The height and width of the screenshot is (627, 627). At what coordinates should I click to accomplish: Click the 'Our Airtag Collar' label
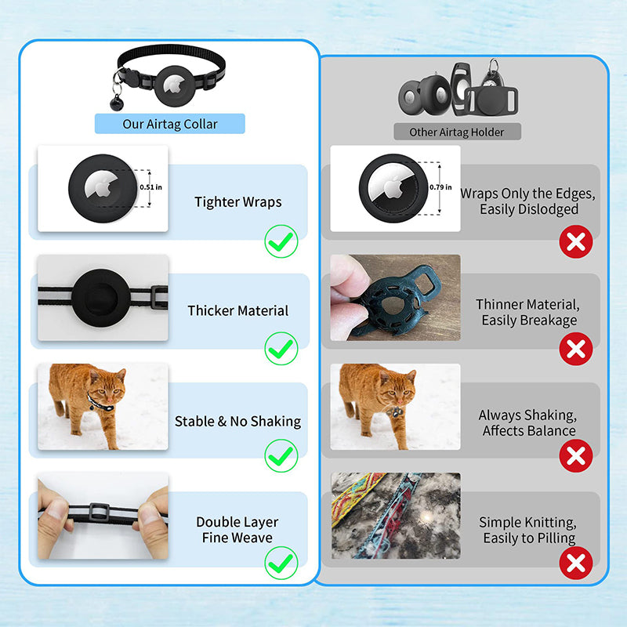coord(170,124)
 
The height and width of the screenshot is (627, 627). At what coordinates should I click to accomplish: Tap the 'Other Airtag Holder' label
coord(457,132)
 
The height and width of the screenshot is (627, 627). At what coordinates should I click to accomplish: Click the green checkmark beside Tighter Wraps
coord(281,241)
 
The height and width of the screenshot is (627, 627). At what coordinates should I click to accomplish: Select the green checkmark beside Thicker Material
coord(281,348)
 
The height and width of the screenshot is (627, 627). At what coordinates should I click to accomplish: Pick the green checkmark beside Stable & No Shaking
coord(281,455)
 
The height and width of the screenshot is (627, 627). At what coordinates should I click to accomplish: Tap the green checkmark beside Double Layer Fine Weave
coord(281,562)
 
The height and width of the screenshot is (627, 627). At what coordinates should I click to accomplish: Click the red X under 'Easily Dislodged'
coord(576,242)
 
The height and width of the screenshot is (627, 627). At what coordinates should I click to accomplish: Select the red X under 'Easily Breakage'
coord(576,349)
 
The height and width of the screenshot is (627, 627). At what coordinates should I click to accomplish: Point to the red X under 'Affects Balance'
coord(576,455)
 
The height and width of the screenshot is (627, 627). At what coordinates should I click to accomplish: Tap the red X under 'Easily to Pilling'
coord(576,562)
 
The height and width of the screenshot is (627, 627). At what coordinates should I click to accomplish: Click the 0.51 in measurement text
coord(150,187)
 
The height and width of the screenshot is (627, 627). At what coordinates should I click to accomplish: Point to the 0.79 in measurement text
coord(441,187)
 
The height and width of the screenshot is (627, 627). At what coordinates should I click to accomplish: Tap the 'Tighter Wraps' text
coord(238,202)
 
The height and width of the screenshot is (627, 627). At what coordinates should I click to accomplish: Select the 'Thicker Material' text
coord(238,310)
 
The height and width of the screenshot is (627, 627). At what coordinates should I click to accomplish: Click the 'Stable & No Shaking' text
coord(237,422)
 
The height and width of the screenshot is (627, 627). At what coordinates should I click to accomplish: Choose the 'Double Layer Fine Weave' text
coord(237,530)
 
